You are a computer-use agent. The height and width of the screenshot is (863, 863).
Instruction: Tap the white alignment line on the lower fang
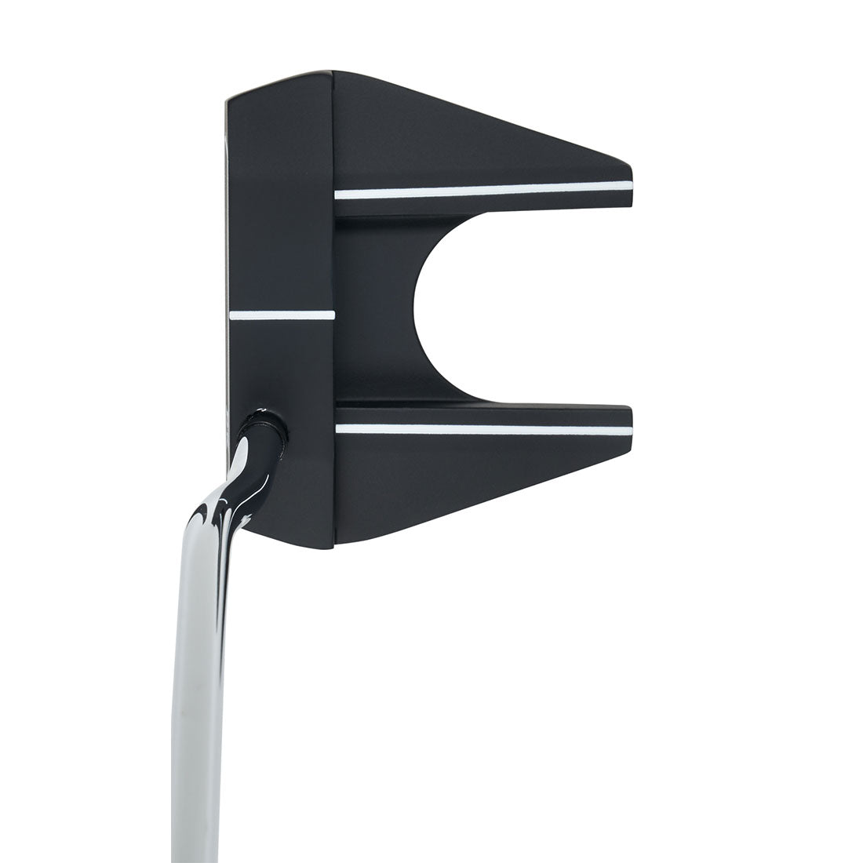482,429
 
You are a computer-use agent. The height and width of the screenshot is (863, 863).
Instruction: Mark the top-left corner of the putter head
229,100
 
